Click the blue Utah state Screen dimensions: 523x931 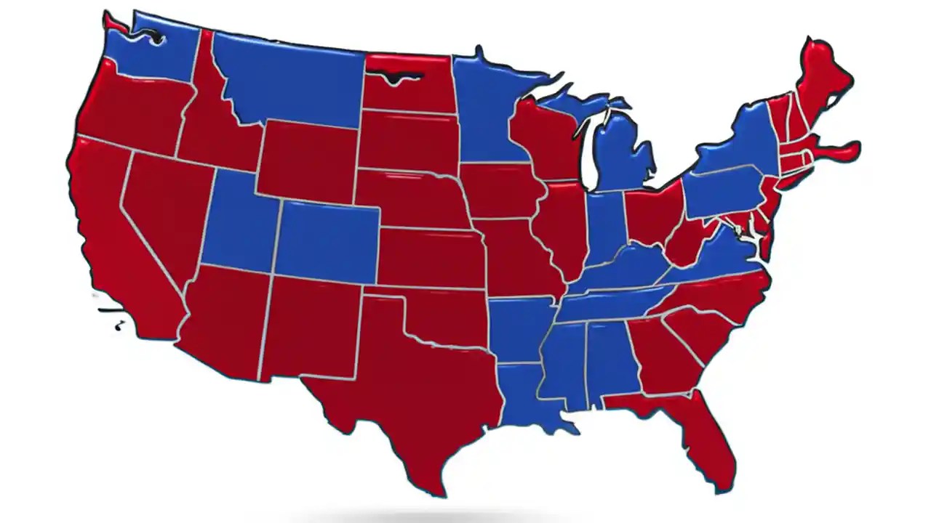(x=240, y=225)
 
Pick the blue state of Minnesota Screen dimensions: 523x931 (x=487, y=109)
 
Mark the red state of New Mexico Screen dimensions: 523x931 (x=313, y=327)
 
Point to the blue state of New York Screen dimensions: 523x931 (x=742, y=145)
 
